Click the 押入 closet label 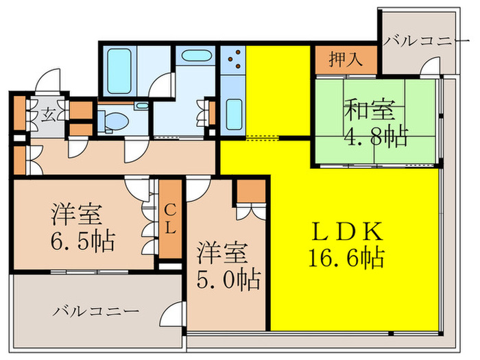tap(346, 60)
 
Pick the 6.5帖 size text tap(82, 241)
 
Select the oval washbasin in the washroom tap(197, 55)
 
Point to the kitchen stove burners tap(232, 59)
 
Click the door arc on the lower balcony tap(172, 315)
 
